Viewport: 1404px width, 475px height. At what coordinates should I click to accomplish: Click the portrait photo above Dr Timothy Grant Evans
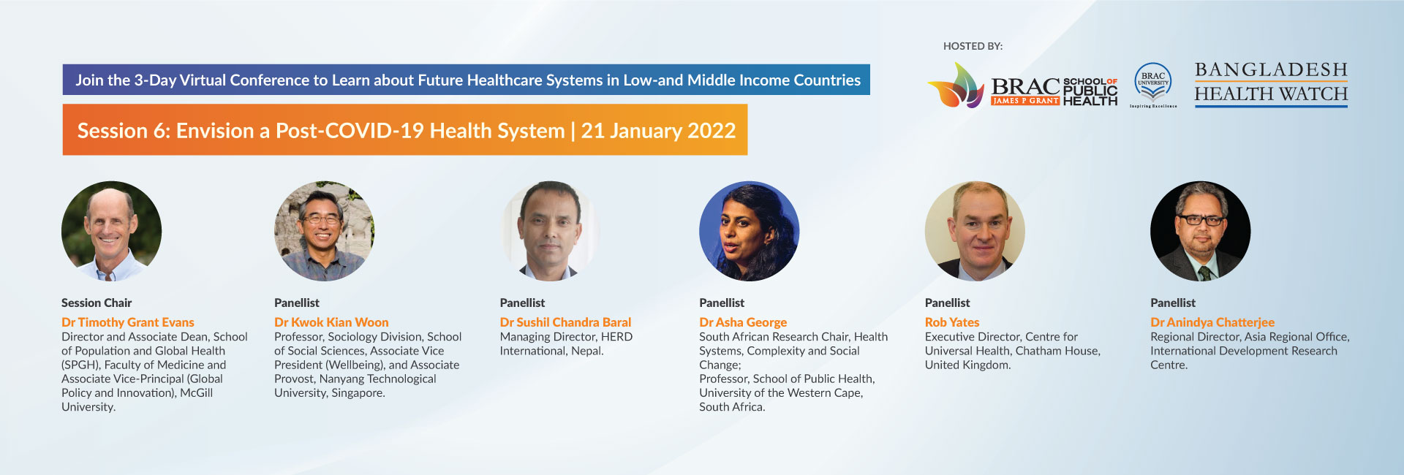(111, 231)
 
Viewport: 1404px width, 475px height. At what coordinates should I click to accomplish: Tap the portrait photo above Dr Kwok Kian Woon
(324, 231)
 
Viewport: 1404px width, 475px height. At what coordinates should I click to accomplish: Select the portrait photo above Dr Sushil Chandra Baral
(550, 231)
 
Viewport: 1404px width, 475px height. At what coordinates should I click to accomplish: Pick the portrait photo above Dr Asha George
(749, 231)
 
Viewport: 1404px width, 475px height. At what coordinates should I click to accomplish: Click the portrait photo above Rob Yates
(975, 231)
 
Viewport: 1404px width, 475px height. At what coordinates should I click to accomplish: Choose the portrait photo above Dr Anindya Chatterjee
(1200, 231)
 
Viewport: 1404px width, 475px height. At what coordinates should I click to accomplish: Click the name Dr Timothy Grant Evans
(128, 322)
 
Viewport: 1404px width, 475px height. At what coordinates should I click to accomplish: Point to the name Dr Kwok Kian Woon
(331, 322)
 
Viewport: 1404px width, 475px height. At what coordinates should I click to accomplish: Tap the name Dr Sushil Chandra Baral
(565, 322)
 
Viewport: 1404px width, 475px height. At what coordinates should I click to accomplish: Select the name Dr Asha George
(743, 322)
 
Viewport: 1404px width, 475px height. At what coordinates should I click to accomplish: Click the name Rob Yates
(952, 322)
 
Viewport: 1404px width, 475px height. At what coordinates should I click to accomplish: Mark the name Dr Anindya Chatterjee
(1212, 322)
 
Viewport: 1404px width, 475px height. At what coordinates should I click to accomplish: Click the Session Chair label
(97, 303)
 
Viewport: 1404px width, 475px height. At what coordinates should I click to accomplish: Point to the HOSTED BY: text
(973, 46)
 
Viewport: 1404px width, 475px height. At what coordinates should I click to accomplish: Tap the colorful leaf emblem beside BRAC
(956, 85)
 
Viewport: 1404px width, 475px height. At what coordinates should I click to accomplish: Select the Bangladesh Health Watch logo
(1271, 83)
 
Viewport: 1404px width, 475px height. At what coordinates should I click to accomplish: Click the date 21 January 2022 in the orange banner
(658, 130)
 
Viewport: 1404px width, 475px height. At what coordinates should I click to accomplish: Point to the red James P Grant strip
(1025, 101)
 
